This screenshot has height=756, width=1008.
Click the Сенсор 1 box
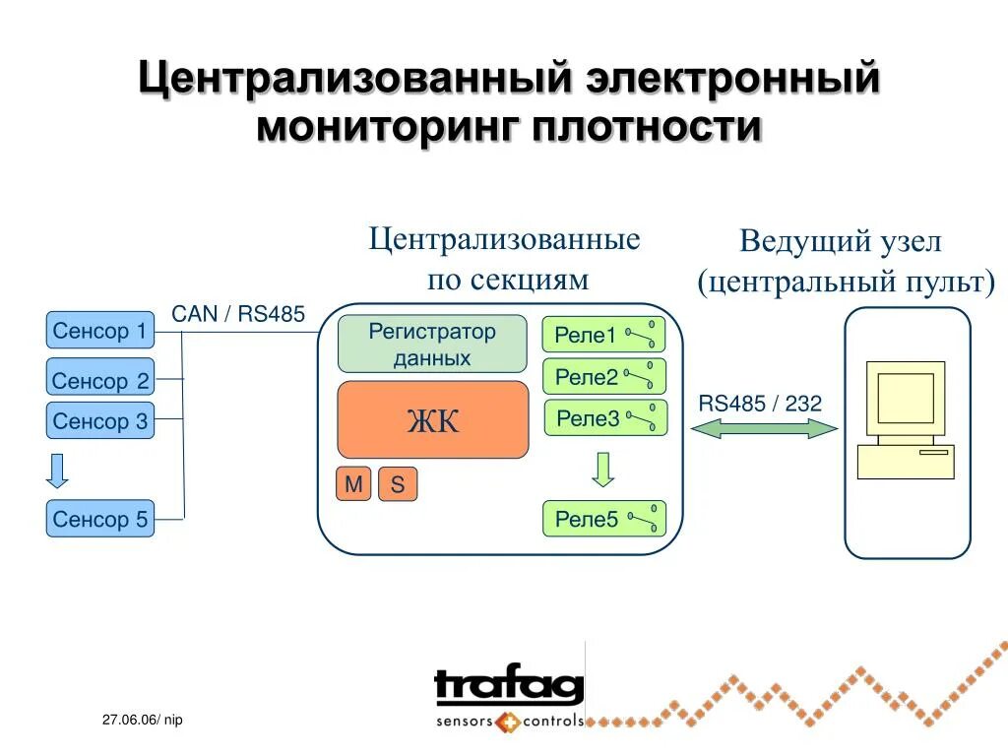pos(100,330)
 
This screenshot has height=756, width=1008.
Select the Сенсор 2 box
pos(100,379)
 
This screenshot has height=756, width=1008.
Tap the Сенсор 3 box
pos(100,421)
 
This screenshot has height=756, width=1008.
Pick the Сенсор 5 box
pos(100,519)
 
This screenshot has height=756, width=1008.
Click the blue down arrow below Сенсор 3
pos(58,471)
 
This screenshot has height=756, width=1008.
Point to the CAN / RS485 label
pos(239,314)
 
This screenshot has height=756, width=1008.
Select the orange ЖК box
pos(432,420)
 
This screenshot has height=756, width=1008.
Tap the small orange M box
pos(353,484)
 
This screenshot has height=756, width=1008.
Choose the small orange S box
pos(398,484)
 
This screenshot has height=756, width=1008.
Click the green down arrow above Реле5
pos(603,469)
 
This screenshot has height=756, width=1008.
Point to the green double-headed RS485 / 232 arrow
pos(764,428)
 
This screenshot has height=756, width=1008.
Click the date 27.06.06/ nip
pos(142,722)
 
